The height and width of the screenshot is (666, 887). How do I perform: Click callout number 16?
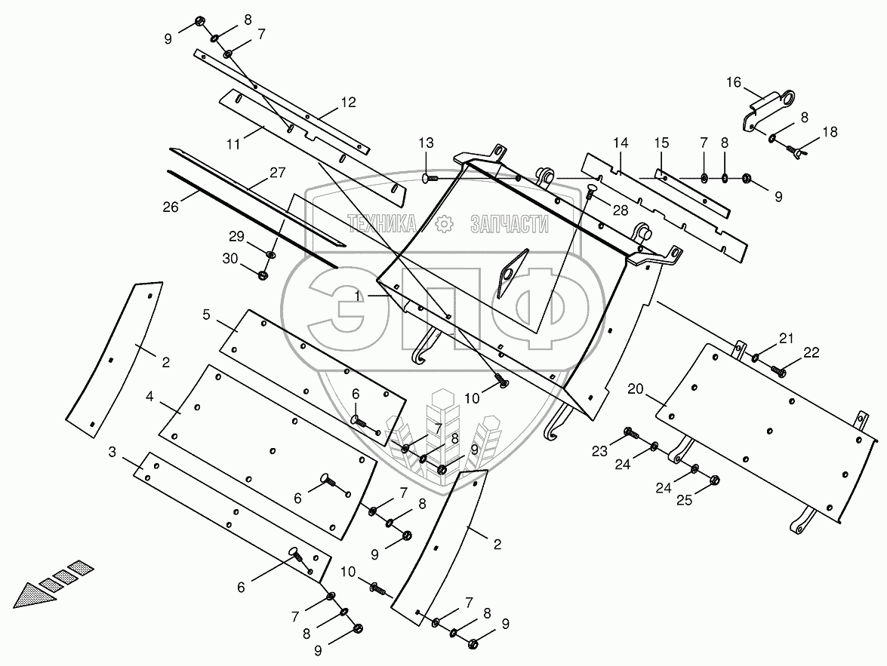tap(735, 81)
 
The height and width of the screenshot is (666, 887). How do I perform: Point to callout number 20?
tap(636, 389)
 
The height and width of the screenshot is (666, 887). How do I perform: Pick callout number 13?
tap(427, 143)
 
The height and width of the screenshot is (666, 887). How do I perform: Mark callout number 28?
tap(620, 210)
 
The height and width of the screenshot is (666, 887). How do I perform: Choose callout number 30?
tap(229, 259)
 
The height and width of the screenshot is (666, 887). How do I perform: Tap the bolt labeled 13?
tap(430, 178)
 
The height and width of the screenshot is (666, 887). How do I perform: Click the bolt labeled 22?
tap(778, 371)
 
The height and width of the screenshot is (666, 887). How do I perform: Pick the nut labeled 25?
tap(714, 479)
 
